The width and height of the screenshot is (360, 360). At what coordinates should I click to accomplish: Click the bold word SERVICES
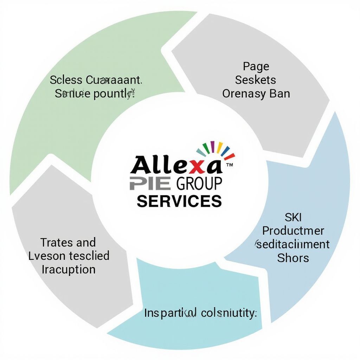point(179,201)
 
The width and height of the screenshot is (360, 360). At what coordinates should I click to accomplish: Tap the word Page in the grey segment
point(256,66)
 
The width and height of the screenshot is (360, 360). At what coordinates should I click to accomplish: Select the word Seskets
point(256,80)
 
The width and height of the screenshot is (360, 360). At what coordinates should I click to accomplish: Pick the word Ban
point(280,94)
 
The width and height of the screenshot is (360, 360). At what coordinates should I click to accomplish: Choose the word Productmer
point(293,231)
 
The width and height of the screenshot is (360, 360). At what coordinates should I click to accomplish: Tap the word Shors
point(293,258)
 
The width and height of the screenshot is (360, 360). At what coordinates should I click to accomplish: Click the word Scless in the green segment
point(66,80)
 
